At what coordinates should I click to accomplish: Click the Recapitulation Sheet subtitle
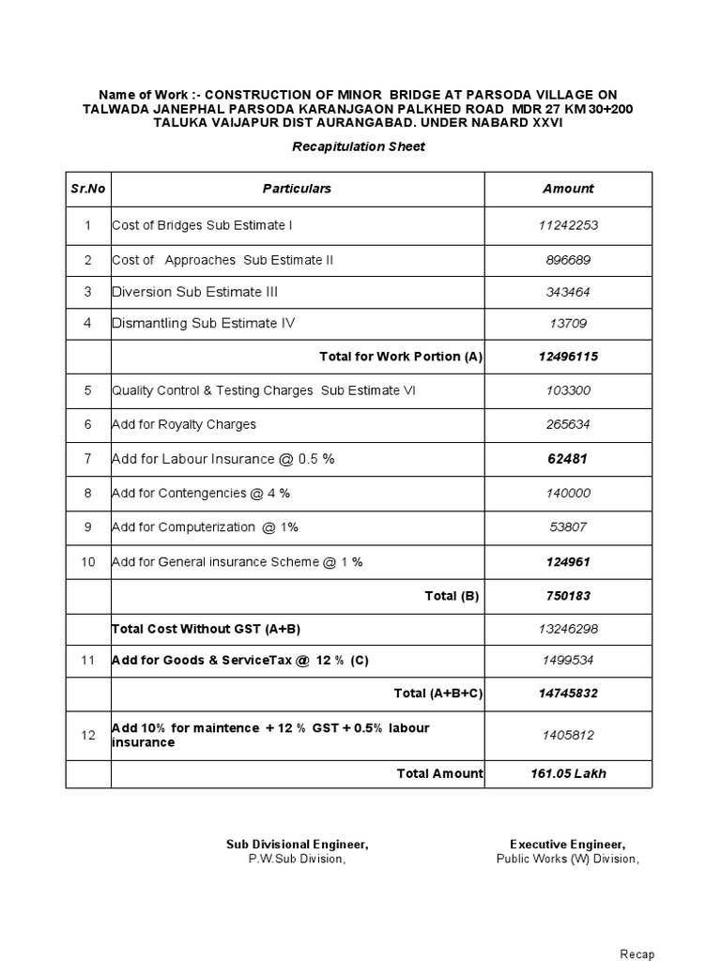click(360, 147)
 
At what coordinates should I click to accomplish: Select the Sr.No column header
click(88, 189)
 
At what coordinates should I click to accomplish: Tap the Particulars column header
click(297, 189)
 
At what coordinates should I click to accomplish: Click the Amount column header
click(568, 189)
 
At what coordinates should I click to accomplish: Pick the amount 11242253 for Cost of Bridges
click(568, 225)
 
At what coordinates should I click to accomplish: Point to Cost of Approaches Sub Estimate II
click(222, 260)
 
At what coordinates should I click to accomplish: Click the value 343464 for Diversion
click(568, 293)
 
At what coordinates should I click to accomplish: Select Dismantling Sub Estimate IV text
click(203, 324)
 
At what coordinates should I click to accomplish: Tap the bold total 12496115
click(568, 357)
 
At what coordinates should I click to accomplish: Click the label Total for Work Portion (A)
click(401, 357)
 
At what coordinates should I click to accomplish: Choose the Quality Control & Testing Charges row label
click(263, 390)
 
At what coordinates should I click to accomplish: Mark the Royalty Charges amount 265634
click(568, 424)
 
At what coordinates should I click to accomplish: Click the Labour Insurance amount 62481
click(568, 459)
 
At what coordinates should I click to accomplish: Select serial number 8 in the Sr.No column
click(88, 493)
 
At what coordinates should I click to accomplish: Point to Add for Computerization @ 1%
click(205, 527)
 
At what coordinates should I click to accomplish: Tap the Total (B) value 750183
click(568, 596)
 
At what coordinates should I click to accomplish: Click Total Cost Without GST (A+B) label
click(206, 629)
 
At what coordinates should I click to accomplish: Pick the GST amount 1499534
click(568, 660)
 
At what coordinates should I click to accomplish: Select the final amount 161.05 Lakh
click(568, 773)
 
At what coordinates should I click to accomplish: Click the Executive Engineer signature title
click(567, 844)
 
